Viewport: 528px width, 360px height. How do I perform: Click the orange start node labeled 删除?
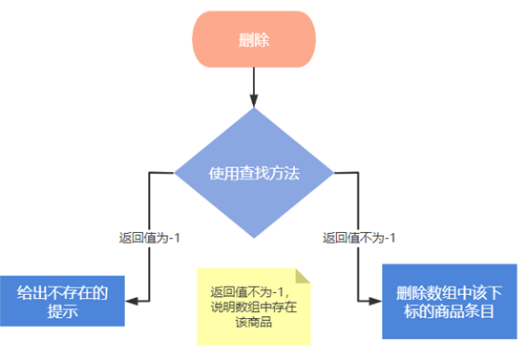pos(253,39)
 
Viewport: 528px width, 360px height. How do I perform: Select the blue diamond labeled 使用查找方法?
pos(253,173)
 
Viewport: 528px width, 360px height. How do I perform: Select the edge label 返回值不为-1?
pos(358,238)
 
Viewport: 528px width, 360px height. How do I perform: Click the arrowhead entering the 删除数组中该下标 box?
pos(374,300)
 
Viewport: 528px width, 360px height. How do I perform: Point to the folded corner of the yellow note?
pos(303,277)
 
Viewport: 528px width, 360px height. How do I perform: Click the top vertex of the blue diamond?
pos(253,108)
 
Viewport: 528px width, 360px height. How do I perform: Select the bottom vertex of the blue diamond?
pos(253,239)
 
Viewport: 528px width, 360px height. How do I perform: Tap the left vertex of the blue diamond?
pos(174,173)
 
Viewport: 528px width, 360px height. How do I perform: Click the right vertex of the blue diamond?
pos(333,173)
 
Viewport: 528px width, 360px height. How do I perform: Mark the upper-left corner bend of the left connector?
pos(150,173)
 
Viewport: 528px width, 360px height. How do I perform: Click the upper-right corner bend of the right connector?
pos(357,173)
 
